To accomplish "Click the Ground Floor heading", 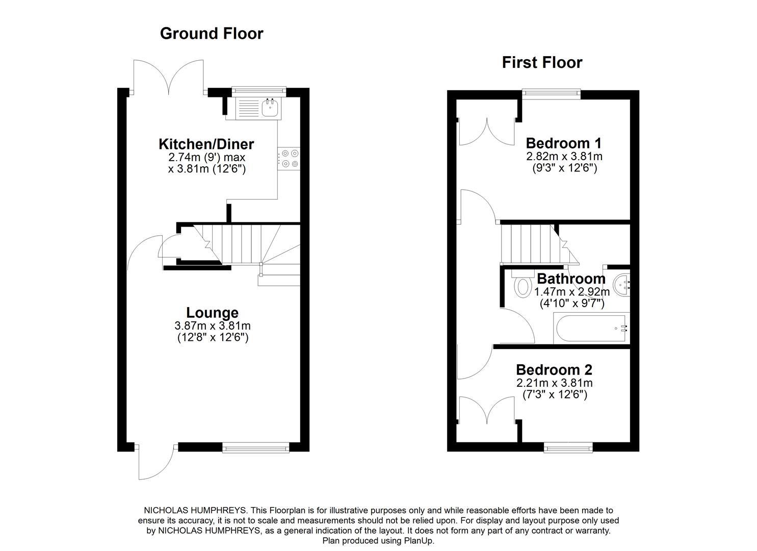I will (x=212, y=34).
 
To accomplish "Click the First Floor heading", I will (x=542, y=63).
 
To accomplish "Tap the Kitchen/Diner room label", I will (x=206, y=144).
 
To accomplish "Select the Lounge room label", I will (x=212, y=313).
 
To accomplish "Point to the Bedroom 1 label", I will (x=564, y=143).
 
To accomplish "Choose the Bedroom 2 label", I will (x=554, y=370).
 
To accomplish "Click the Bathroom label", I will (x=571, y=279).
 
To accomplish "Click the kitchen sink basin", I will (x=270, y=108).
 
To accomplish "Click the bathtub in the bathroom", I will (x=591, y=329).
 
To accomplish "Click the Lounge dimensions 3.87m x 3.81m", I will (x=213, y=326).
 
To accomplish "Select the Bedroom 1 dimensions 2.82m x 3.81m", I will (x=564, y=156).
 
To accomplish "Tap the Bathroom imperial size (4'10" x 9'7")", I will (x=572, y=304).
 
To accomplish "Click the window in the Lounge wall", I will (x=256, y=447).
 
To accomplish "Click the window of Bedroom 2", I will (x=568, y=447).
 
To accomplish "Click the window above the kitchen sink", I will (x=258, y=91).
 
